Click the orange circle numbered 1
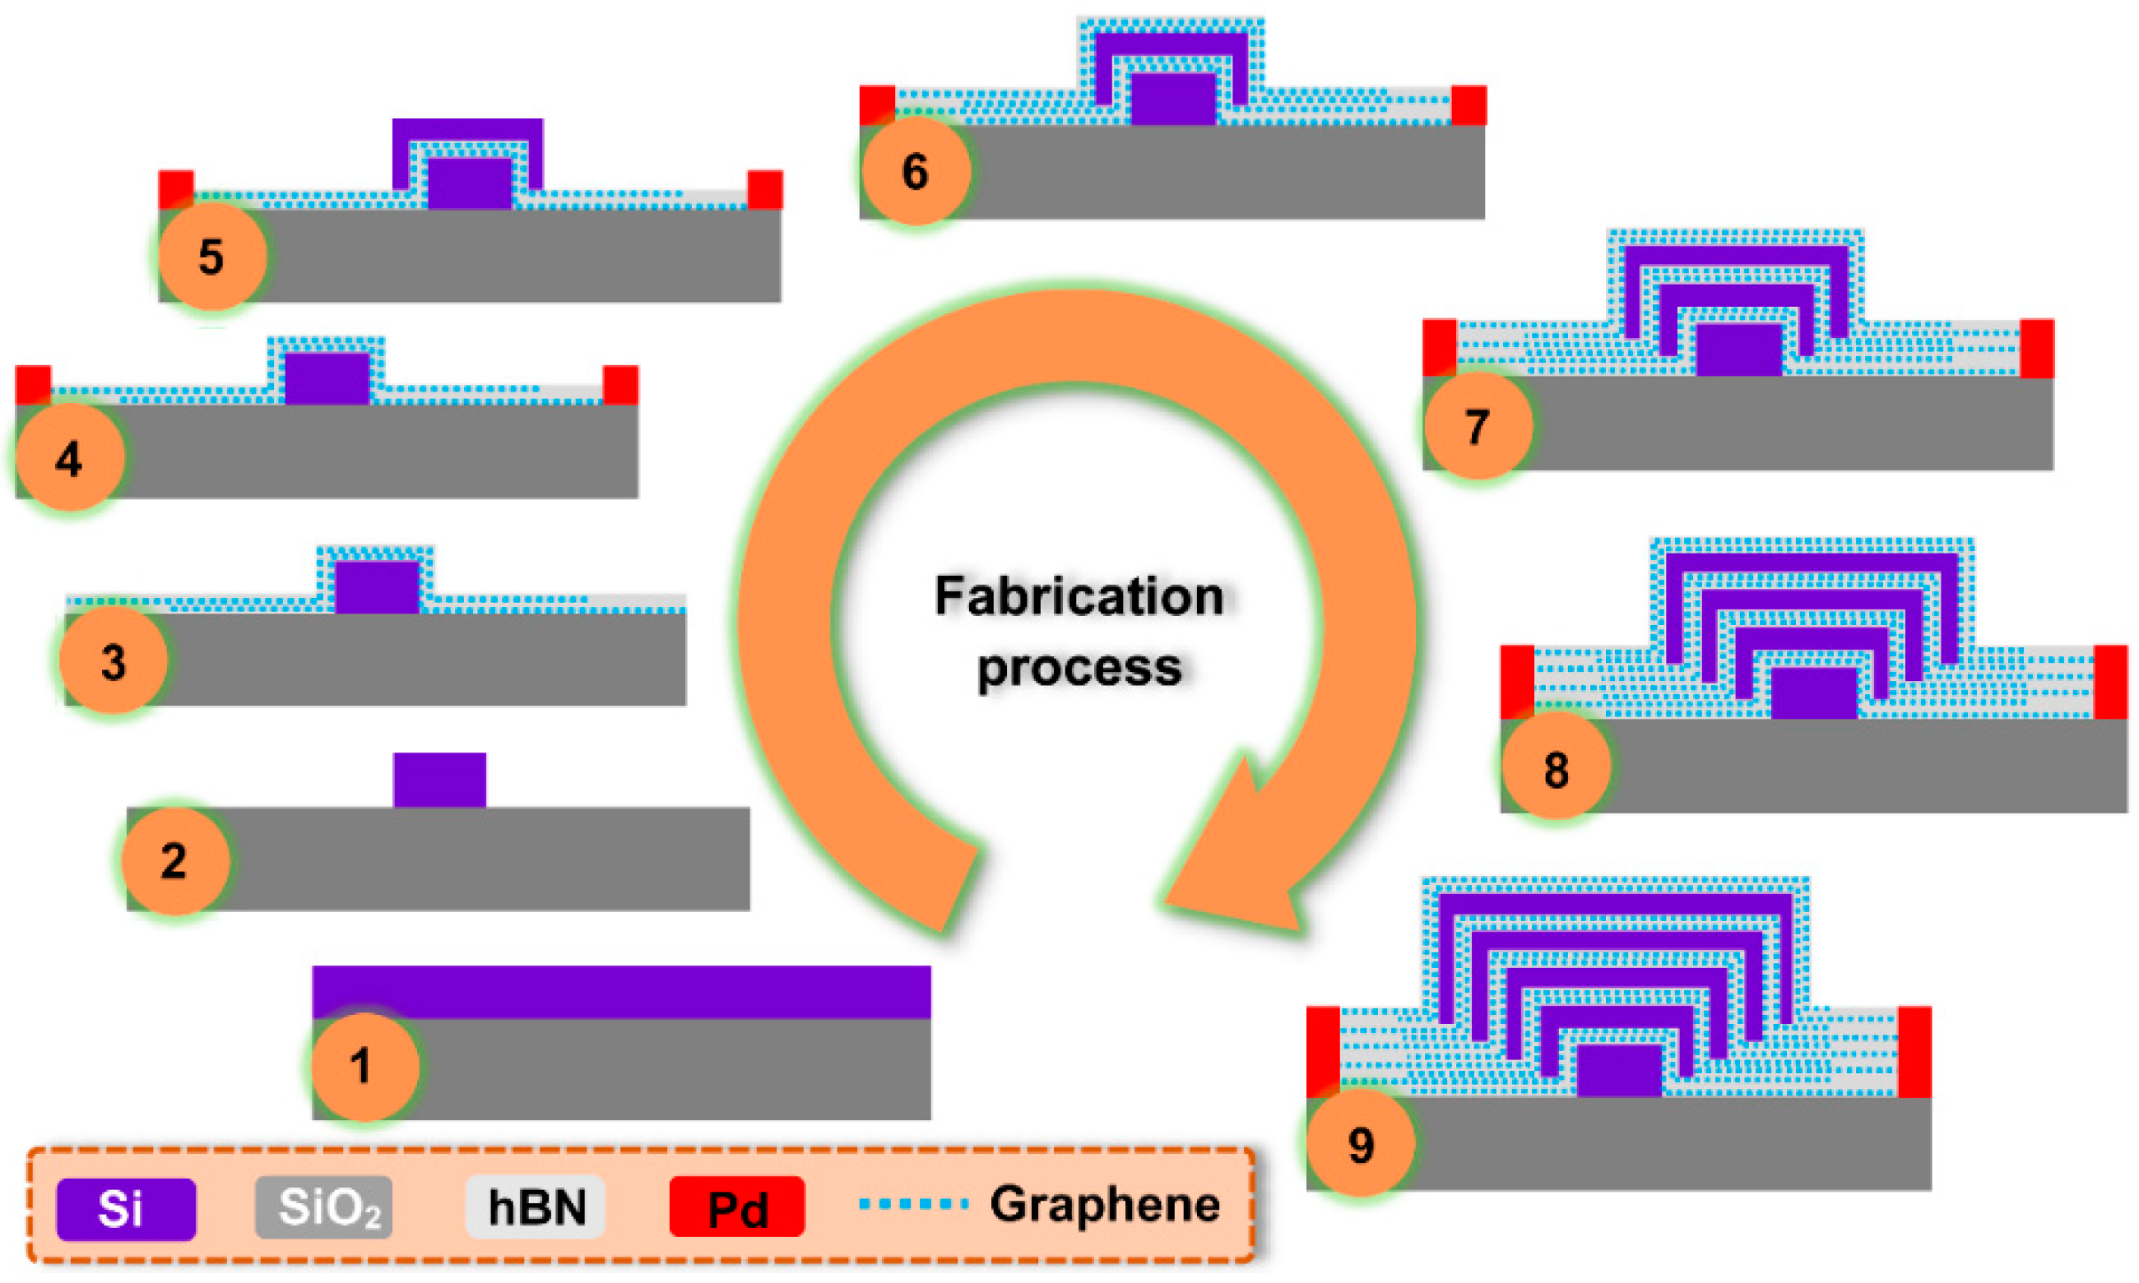[364, 1066]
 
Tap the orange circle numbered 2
[174, 861]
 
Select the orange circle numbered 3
[114, 661]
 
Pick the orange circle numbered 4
[69, 458]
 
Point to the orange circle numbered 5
[211, 257]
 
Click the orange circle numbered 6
[915, 170]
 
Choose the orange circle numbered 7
[1477, 426]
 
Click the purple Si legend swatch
[125, 1209]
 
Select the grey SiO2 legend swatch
[323, 1207]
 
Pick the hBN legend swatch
[536, 1207]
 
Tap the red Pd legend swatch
[736, 1207]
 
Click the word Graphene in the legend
[1104, 1204]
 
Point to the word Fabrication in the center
[1079, 596]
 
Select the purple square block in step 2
[439, 780]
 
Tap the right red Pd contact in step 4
[620, 385]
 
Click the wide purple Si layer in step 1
[621, 992]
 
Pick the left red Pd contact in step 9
[1322, 1050]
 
